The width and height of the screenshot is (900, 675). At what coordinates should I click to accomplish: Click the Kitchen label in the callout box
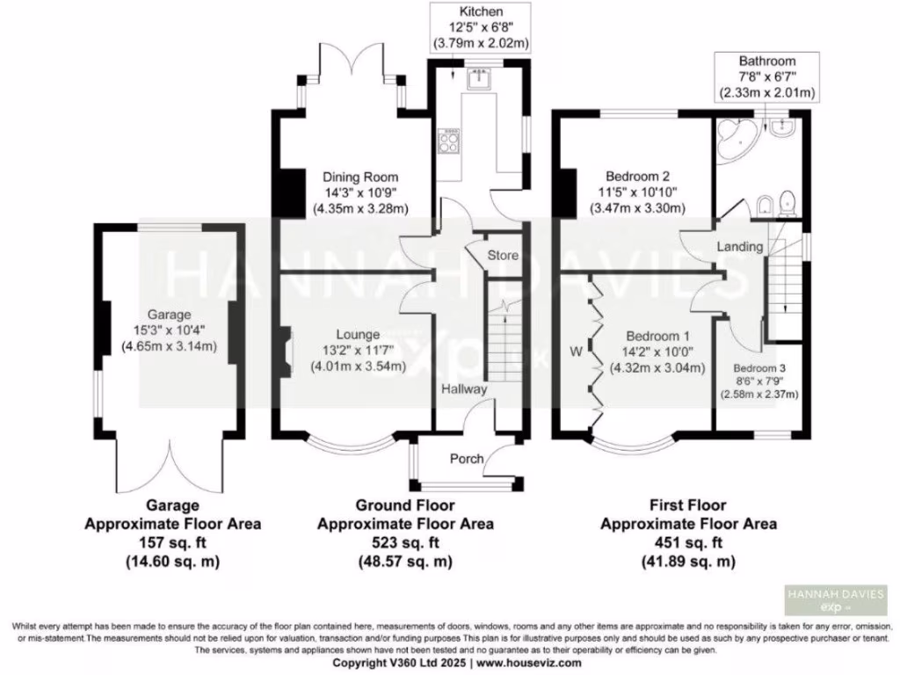[x=480, y=12]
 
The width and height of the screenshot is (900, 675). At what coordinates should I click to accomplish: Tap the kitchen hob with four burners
[x=449, y=141]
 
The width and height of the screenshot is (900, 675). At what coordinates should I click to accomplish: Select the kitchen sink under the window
[x=478, y=80]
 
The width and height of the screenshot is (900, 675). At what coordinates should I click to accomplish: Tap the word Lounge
[x=358, y=334]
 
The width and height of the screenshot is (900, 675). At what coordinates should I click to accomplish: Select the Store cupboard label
[x=504, y=255]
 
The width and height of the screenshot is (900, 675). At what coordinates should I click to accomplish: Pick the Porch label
[x=467, y=459]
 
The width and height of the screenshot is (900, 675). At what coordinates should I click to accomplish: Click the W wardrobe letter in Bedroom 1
[x=577, y=352]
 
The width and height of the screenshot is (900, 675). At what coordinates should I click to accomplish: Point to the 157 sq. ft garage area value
[x=172, y=542]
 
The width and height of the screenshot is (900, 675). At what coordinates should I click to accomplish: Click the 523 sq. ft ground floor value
[x=404, y=542]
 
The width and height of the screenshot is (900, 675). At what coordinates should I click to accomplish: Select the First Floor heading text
[x=688, y=505]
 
